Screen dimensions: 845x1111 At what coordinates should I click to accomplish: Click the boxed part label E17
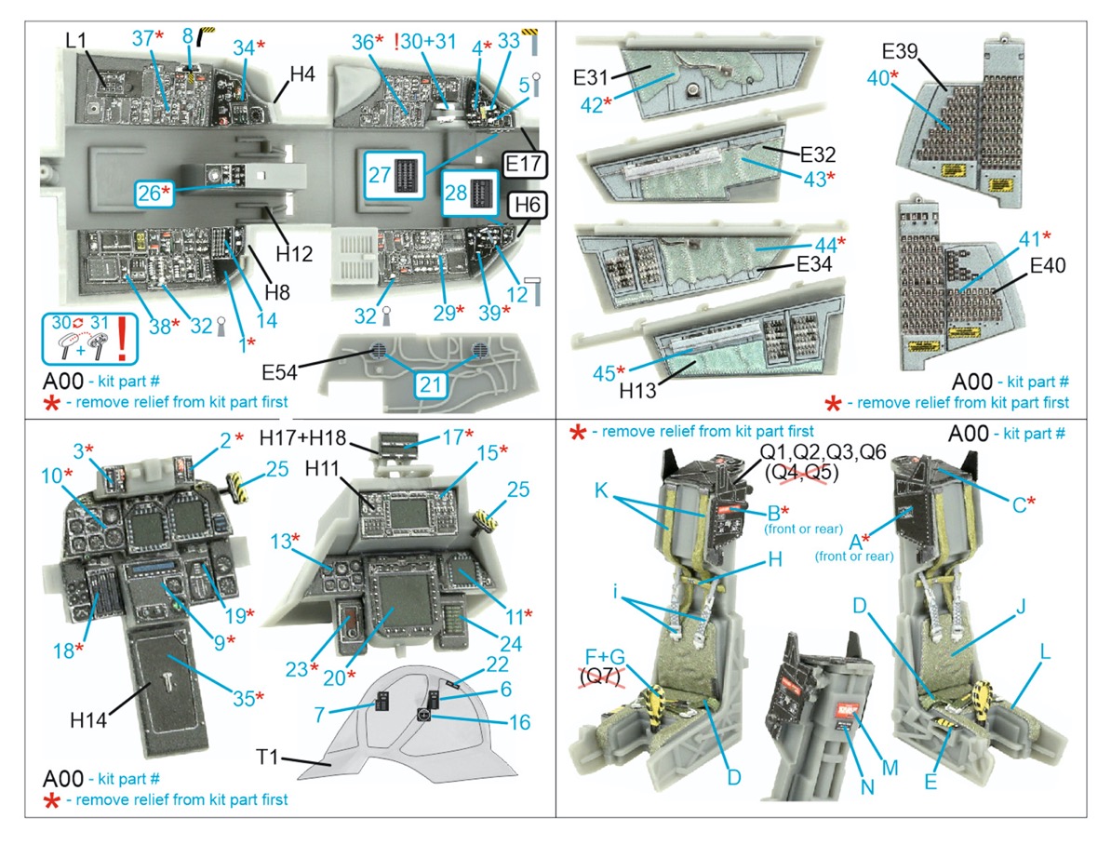coord(526,163)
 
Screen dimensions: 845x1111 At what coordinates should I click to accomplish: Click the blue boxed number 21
coord(429,384)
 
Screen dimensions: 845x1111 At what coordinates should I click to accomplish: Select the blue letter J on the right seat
coord(1020,611)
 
